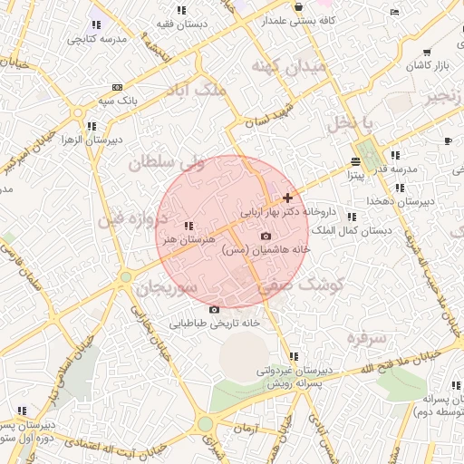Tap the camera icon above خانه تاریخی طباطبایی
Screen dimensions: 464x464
pyautogui.click(x=215, y=310)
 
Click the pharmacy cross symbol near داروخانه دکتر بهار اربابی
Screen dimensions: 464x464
pyautogui.click(x=287, y=198)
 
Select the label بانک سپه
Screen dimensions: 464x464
pyautogui.click(x=119, y=101)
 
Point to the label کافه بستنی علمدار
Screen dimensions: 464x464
pyautogui.click(x=302, y=19)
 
